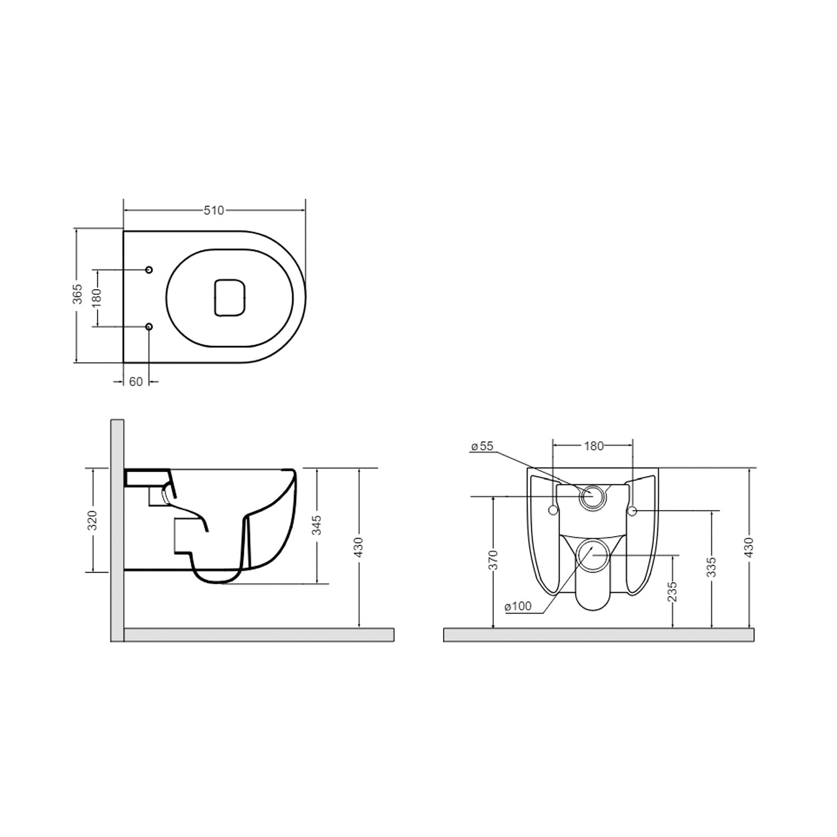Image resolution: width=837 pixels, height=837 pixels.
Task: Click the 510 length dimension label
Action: click(x=214, y=210)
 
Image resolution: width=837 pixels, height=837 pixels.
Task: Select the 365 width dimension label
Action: click(x=78, y=294)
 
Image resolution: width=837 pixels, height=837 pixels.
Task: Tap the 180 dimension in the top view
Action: click(x=97, y=297)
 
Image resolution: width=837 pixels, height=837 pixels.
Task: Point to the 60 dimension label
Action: click(x=136, y=382)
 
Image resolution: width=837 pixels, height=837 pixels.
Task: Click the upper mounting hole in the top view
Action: click(x=148, y=270)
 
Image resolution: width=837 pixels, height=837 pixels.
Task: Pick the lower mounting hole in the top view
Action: click(x=148, y=326)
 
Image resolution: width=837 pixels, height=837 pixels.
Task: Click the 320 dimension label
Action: click(x=93, y=520)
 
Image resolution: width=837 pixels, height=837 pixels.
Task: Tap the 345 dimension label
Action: click(x=316, y=526)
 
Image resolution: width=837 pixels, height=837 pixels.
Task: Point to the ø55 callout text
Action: click(x=482, y=446)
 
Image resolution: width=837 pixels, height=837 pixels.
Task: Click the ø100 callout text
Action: click(x=518, y=607)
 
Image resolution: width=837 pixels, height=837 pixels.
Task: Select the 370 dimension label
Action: click(x=493, y=560)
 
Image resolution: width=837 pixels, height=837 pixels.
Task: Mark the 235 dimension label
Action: click(x=672, y=591)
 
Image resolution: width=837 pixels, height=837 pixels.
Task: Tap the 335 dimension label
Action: click(x=711, y=567)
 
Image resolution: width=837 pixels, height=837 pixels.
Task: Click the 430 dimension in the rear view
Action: click(x=749, y=547)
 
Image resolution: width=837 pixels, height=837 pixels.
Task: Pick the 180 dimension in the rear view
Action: click(x=594, y=446)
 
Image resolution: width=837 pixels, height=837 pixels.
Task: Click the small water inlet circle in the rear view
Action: click(x=592, y=496)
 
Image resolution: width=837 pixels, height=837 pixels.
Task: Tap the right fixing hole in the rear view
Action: click(x=632, y=511)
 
